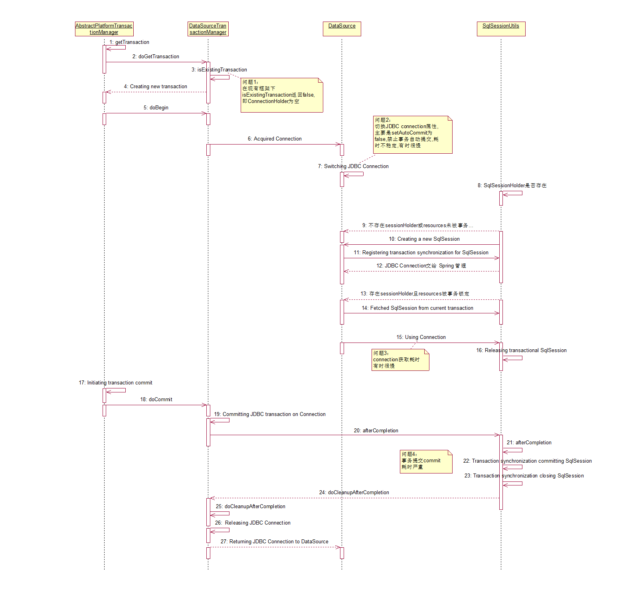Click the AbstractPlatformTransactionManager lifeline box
(x=104, y=29)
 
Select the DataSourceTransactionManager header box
(x=208, y=29)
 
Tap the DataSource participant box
(x=342, y=29)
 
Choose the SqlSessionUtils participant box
(x=501, y=29)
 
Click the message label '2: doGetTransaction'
(x=156, y=57)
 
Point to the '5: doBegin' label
(x=156, y=108)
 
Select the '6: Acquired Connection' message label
(x=275, y=139)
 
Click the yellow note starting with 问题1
(x=281, y=95)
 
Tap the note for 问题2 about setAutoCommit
(x=413, y=135)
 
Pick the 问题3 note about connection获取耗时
(x=400, y=360)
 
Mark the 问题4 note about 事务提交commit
(x=426, y=461)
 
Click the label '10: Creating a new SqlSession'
(x=424, y=239)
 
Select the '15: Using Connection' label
(x=421, y=337)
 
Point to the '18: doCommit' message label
(x=156, y=400)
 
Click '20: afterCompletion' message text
(x=376, y=431)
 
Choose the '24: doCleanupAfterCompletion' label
(x=354, y=493)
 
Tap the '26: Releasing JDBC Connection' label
(x=253, y=523)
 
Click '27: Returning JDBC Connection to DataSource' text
(x=275, y=542)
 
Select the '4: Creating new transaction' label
(x=155, y=87)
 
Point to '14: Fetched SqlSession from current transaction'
(x=417, y=308)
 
